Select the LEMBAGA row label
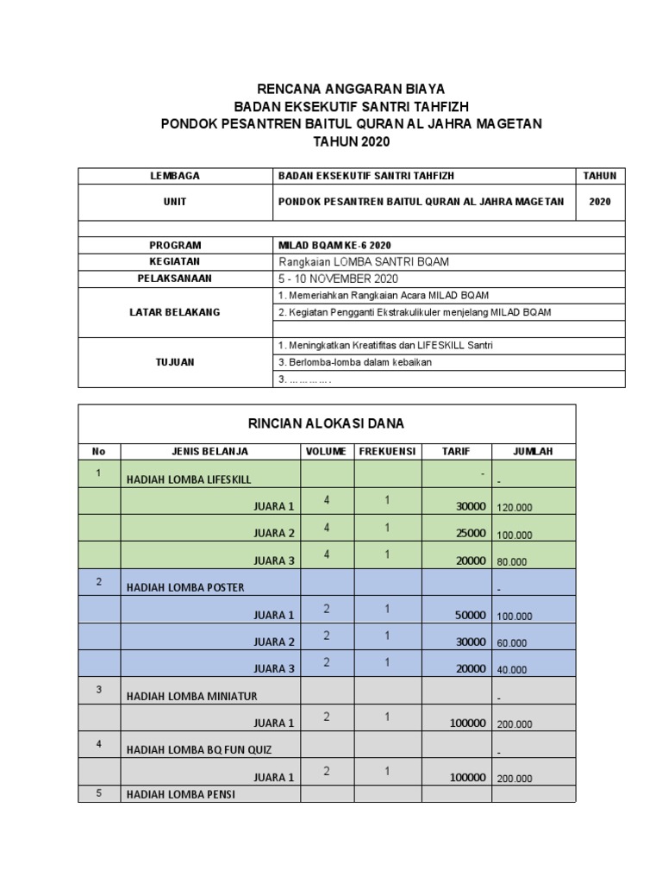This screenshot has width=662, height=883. coord(175,176)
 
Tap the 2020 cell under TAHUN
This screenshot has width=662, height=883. coord(599,202)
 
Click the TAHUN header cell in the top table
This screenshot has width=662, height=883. coord(599,176)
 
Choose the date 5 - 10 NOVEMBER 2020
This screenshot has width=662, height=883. coord(340,279)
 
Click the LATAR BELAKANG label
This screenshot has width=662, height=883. coord(175,312)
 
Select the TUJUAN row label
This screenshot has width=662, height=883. coord(175,362)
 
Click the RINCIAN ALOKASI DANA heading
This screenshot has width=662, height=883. coord(327,423)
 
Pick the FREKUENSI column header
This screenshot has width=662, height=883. coord(388,451)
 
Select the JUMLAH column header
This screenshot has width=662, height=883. coord(533,451)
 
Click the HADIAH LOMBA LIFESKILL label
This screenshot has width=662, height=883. coord(189,479)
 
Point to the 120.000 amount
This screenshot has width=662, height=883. coord(515,509)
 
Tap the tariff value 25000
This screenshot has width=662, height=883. coord(471,534)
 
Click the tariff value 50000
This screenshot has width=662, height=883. coord(471,615)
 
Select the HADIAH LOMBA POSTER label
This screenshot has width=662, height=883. coord(185,588)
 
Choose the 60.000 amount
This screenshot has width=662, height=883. coord(512,643)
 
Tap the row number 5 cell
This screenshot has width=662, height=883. coord(99,794)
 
